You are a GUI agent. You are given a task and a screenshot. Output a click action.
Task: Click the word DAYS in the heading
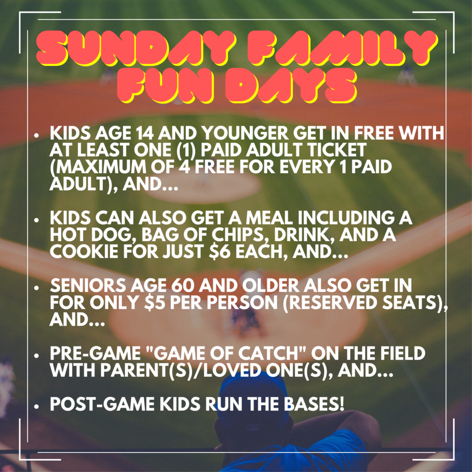(291, 86)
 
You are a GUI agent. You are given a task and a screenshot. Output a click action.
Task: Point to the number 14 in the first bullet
(144, 133)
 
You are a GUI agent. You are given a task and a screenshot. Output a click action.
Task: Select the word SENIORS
(88, 285)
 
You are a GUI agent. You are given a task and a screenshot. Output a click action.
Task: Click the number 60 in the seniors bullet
(182, 285)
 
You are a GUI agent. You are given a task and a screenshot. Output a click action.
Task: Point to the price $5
(155, 302)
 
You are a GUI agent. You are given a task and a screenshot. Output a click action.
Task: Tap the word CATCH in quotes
(273, 353)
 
